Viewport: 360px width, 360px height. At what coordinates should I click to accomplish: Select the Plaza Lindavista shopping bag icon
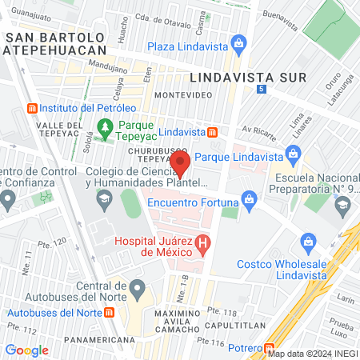238,42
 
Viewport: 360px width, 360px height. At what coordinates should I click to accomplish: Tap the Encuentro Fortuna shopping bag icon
249,198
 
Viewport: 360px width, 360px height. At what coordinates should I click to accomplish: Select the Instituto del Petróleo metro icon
32,108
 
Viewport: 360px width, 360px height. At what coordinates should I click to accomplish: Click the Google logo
26,350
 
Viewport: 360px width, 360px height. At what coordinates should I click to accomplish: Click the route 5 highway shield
262,88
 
